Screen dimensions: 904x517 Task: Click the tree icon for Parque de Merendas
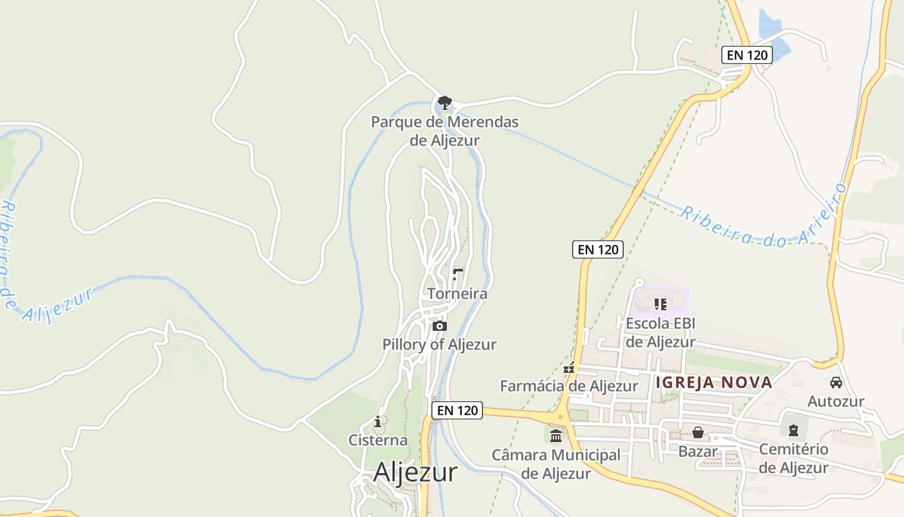pyautogui.click(x=444, y=102)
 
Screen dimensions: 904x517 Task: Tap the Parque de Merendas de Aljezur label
pyautogui.click(x=444, y=131)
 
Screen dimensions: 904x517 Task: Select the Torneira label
pyautogui.click(x=457, y=294)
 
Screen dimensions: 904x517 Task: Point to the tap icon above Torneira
pyautogui.click(x=458, y=275)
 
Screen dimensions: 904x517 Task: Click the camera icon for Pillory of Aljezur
pyautogui.click(x=440, y=326)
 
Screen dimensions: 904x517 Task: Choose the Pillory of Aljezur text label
pyautogui.click(x=439, y=344)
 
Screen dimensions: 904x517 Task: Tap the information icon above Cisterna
pyautogui.click(x=378, y=422)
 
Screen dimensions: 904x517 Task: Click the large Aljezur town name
pyautogui.click(x=415, y=472)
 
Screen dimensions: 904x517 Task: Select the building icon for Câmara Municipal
pyautogui.click(x=556, y=436)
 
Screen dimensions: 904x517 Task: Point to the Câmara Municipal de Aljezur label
pyautogui.click(x=556, y=464)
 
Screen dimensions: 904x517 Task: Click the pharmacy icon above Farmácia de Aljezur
pyautogui.click(x=569, y=368)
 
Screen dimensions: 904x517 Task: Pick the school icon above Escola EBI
pyautogui.click(x=660, y=303)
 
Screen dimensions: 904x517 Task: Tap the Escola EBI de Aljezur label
pyautogui.click(x=660, y=332)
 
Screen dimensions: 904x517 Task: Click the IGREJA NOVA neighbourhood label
pyautogui.click(x=714, y=383)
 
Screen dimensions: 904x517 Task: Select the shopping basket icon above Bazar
pyautogui.click(x=698, y=432)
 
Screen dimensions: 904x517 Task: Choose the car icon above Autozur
pyautogui.click(x=836, y=382)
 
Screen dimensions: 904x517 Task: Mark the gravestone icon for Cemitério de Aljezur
pyautogui.click(x=794, y=430)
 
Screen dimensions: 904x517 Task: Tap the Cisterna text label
pyautogui.click(x=378, y=441)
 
